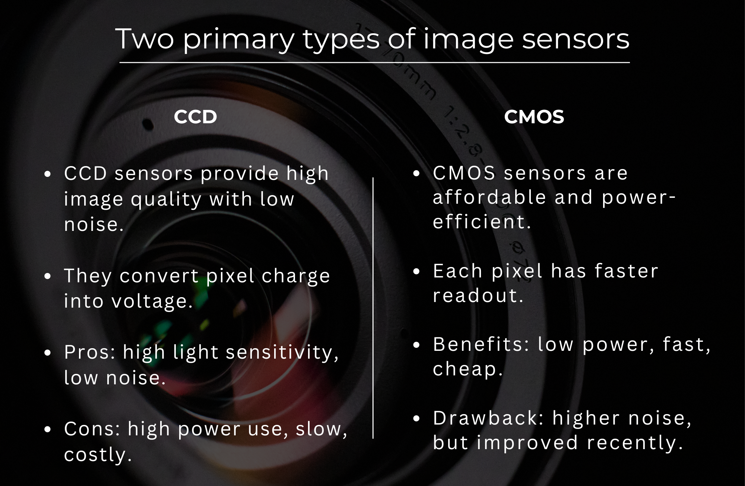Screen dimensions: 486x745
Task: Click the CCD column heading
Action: pyautogui.click(x=195, y=117)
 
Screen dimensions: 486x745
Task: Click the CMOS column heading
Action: pyautogui.click(x=534, y=117)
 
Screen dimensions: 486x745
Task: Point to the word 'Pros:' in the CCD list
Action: pyautogui.click(x=90, y=352)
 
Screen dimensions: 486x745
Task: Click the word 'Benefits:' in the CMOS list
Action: pyautogui.click(x=481, y=344)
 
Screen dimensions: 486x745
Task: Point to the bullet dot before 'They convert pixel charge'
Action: pyautogui.click(x=47, y=276)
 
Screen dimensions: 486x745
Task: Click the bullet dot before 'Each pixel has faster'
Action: pyautogui.click(x=416, y=271)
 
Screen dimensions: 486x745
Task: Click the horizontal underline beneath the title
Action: pyautogui.click(x=374, y=63)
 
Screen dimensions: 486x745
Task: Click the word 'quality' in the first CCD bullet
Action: pyautogui.click(x=166, y=200)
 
